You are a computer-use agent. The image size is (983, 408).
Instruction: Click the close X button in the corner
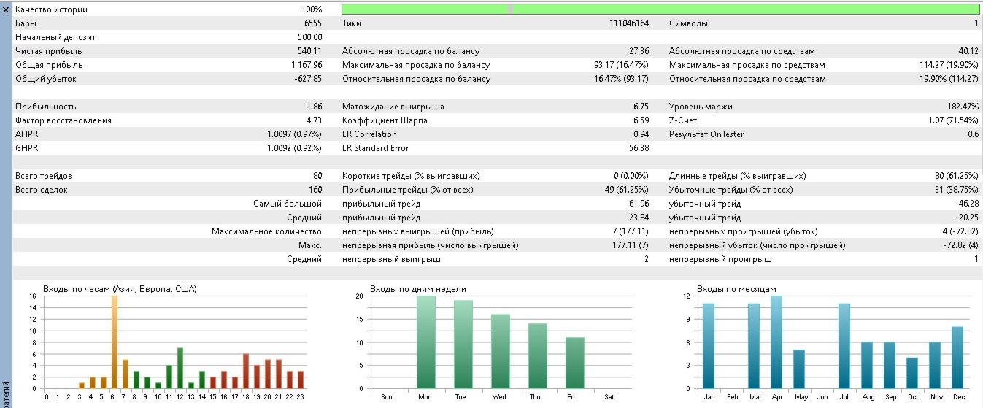point(6,9)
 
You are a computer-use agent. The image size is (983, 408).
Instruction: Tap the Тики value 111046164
point(629,23)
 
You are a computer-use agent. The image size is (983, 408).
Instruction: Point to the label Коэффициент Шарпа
point(385,120)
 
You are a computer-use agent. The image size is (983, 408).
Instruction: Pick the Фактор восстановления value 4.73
point(315,120)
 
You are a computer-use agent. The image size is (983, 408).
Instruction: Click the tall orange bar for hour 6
point(115,342)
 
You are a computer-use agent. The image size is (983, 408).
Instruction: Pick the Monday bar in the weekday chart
point(426,342)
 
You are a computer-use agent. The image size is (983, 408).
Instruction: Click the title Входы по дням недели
point(418,289)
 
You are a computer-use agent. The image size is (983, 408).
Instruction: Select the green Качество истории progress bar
point(660,9)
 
